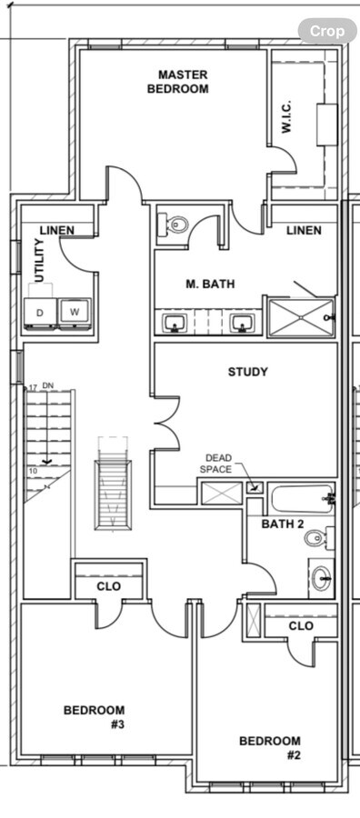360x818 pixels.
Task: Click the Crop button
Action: [327, 31]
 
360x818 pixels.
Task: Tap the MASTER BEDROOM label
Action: [182, 82]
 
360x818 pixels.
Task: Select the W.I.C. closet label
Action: [285, 117]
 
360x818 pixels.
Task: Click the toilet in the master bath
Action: [175, 224]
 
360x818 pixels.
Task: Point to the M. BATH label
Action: [210, 284]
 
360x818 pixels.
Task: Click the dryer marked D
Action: [40, 313]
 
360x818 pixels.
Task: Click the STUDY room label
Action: [247, 372]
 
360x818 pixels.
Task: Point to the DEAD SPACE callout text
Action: [217, 464]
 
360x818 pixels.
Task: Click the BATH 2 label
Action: [283, 524]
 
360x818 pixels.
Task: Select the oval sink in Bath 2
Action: [321, 576]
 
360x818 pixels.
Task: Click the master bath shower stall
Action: [300, 316]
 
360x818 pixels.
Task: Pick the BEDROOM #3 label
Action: [95, 717]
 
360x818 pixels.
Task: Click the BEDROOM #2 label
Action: [270, 748]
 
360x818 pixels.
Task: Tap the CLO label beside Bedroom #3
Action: [109, 587]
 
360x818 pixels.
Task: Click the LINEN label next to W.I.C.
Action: [304, 231]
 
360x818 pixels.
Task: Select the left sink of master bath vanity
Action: [175, 323]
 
